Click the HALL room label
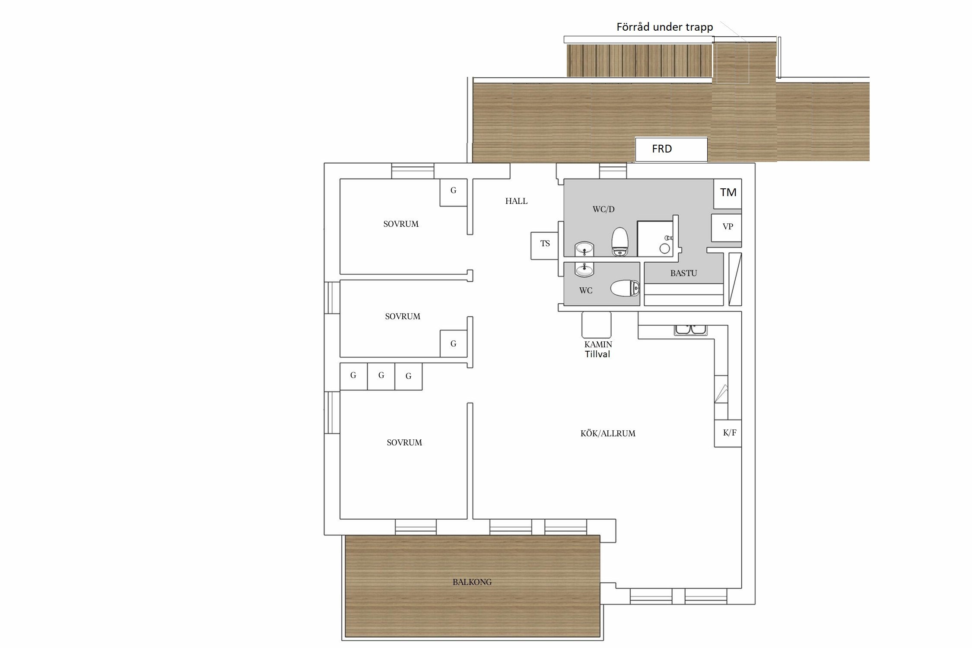tap(516, 201)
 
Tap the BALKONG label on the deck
tap(472, 582)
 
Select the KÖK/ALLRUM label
tap(608, 433)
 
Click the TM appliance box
tap(728, 194)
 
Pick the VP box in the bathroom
tap(727, 228)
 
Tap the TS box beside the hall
tap(545, 245)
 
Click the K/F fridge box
tap(728, 433)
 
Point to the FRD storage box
tap(671, 149)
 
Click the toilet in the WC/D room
tap(620, 241)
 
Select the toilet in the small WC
tap(625, 289)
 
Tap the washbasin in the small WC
tap(584, 269)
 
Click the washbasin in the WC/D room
tap(584, 249)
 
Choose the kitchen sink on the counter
tap(691, 330)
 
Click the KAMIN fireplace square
tap(597, 325)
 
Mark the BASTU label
tap(683, 273)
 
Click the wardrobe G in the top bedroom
tap(454, 192)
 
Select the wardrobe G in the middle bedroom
tap(454, 344)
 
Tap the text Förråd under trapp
tap(664, 27)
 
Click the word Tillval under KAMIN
tap(597, 354)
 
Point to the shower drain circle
tap(665, 248)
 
